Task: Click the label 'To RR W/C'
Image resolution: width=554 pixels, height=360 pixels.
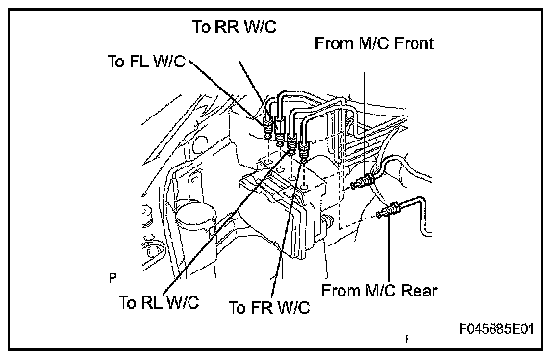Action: coord(235,27)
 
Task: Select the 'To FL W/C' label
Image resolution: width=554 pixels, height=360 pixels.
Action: coord(146,62)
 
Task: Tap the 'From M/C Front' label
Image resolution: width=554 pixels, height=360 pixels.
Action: coord(374,43)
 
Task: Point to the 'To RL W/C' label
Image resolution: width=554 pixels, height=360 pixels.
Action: coord(160,302)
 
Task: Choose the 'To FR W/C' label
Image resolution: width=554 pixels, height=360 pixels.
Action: coord(269,307)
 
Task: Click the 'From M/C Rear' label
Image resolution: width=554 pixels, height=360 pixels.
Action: coord(379,291)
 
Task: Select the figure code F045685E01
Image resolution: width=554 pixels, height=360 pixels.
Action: coord(496,329)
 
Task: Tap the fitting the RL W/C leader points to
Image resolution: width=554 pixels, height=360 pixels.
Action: coord(291,142)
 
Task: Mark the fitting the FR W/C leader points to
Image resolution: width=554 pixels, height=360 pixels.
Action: coord(304,150)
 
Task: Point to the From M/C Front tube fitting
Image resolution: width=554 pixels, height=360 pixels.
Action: coord(363,181)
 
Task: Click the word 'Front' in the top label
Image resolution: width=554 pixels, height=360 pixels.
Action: coord(415,43)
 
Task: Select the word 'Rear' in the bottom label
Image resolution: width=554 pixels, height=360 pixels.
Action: coord(419,291)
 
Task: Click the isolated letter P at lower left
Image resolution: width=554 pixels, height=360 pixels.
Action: coord(113,278)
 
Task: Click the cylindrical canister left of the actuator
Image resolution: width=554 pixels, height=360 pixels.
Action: coord(196,226)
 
